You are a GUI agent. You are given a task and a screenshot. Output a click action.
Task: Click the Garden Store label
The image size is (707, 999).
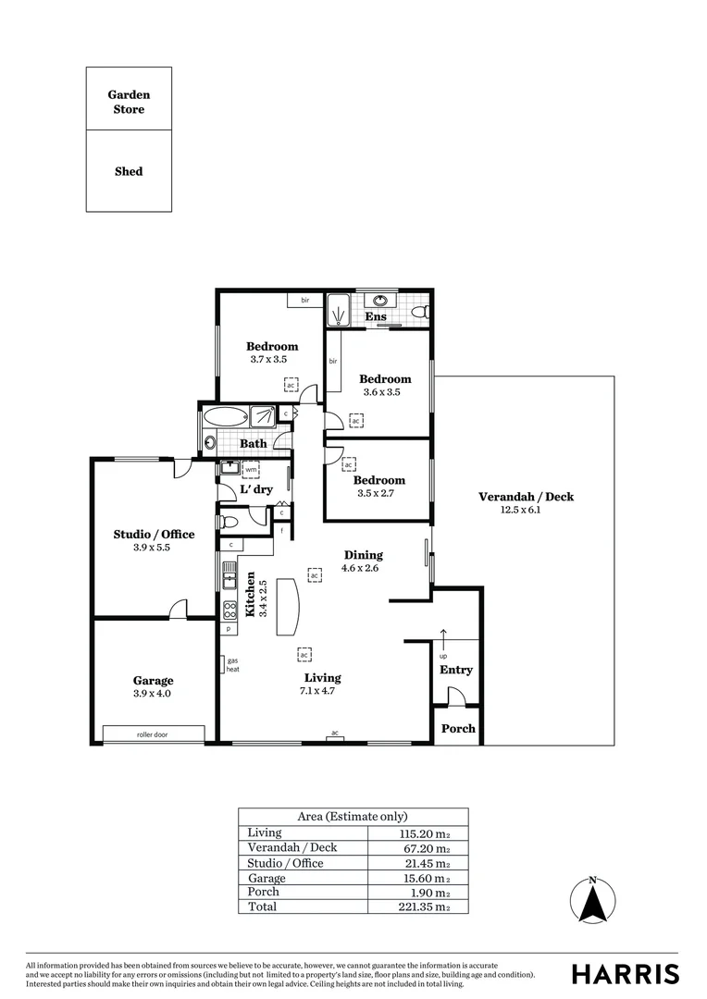pos(129,102)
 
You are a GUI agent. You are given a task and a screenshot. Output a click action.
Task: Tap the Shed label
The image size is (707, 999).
pos(129,171)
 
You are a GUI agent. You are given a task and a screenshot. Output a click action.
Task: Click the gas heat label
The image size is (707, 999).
pos(232,665)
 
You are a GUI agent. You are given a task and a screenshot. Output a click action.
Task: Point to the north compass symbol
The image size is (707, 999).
pos(593,901)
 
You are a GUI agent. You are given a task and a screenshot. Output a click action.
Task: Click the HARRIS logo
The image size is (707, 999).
pos(625,974)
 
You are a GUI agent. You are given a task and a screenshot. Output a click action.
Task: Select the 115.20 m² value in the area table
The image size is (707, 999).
pos(424,833)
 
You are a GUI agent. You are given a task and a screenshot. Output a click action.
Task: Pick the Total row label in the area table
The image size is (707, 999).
pos(262,906)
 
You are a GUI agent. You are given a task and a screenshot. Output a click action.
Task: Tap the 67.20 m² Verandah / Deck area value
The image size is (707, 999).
pos(424,848)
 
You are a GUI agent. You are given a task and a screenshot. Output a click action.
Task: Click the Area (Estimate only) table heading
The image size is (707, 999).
pos(353,817)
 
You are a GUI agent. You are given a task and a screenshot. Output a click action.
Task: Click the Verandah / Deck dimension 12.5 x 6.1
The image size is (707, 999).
pos(525,510)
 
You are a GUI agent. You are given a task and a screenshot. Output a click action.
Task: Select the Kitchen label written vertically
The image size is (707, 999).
pos(250,594)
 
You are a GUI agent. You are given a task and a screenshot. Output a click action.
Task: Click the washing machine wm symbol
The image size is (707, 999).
pos(251,469)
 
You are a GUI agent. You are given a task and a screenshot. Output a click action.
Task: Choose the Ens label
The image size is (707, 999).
pos(375,317)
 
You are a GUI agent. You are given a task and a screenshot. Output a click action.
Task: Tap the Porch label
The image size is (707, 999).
pos(457,729)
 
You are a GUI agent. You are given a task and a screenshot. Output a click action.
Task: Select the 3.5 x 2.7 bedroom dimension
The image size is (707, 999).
pos(378,493)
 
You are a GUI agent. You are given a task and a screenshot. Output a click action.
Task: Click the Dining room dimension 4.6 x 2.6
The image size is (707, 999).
pos(362,568)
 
